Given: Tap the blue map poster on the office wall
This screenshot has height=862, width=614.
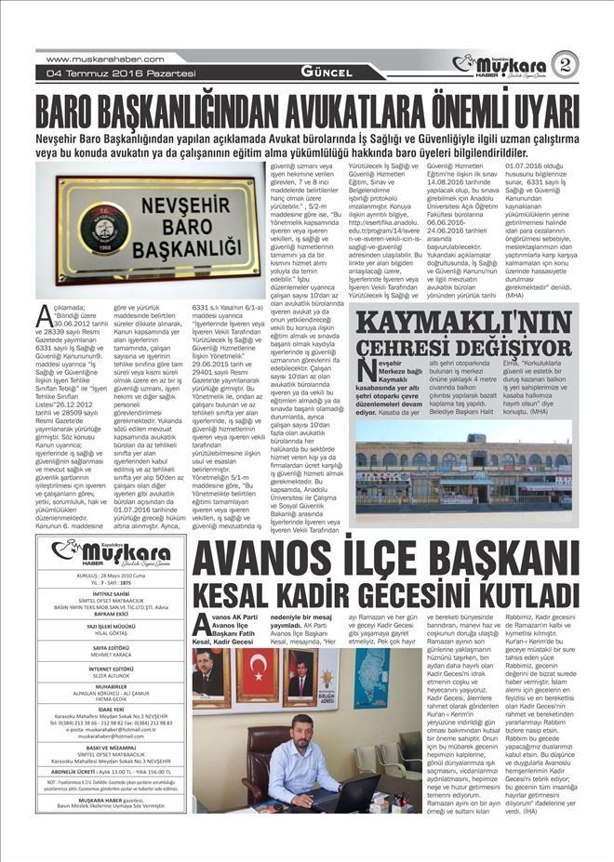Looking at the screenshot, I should tap(368, 679).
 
